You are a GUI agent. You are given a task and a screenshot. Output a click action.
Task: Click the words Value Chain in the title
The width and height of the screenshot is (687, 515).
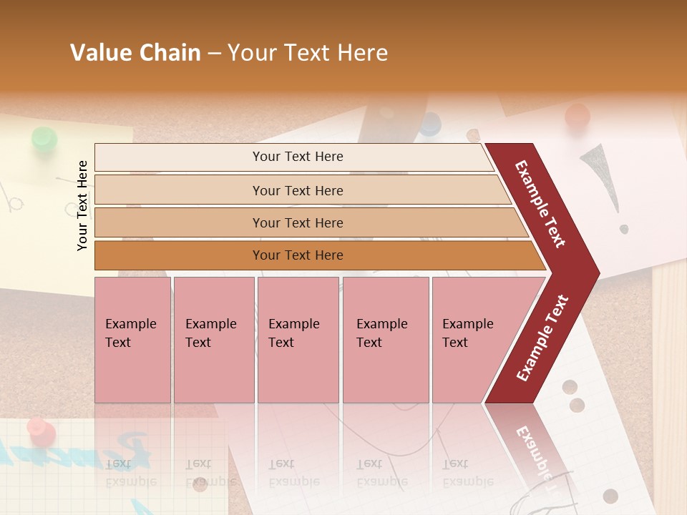coord(135,53)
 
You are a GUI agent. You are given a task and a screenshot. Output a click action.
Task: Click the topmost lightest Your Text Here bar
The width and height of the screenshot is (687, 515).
coord(297,157)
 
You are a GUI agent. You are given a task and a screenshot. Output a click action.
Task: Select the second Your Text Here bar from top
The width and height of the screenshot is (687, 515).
coord(297,190)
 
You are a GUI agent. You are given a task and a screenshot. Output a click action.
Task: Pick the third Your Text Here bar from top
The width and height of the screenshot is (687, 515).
coord(297,222)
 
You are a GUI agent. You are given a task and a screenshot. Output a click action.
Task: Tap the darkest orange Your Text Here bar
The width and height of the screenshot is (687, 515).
coord(297,255)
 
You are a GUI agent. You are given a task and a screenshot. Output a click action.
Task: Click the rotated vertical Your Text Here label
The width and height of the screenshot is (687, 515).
coord(82,205)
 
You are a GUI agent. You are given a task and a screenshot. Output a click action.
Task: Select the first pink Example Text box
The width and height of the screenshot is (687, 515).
coord(132,339)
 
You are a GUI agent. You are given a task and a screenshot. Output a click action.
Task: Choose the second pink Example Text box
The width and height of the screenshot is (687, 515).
coord(213,339)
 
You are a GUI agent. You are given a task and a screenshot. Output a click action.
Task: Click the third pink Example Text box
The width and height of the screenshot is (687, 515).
coord(297,339)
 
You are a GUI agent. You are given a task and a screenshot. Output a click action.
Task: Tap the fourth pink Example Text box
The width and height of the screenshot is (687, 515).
coord(385,339)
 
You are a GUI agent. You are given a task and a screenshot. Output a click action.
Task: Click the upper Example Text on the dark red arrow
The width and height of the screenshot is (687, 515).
coord(540,204)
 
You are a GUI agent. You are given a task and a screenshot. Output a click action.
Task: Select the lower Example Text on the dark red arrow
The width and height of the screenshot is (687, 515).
coord(542,338)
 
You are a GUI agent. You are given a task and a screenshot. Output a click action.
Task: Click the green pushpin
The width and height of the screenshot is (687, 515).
coord(44,139)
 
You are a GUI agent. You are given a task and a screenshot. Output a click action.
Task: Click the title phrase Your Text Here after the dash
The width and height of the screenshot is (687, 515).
coord(308,53)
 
